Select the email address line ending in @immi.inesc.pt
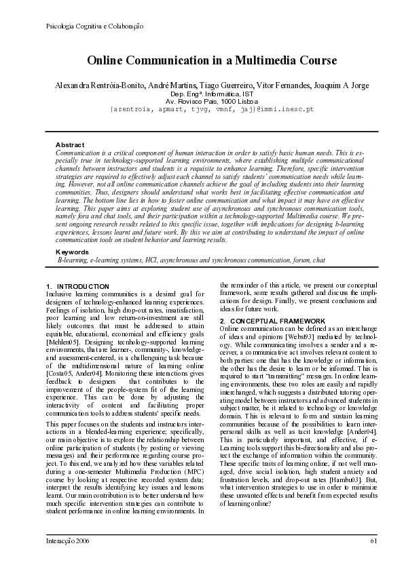pos(211,109)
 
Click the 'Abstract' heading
pos(69,145)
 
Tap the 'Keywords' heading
pos(72,252)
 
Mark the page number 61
pos(373,540)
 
